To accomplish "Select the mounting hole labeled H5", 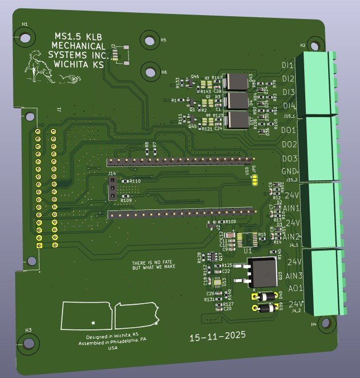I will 150,41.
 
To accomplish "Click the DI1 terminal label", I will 288,66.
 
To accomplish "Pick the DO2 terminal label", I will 289,145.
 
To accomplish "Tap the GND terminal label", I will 289,171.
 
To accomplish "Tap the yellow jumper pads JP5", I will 255,179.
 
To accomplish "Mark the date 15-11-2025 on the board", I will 213,338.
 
